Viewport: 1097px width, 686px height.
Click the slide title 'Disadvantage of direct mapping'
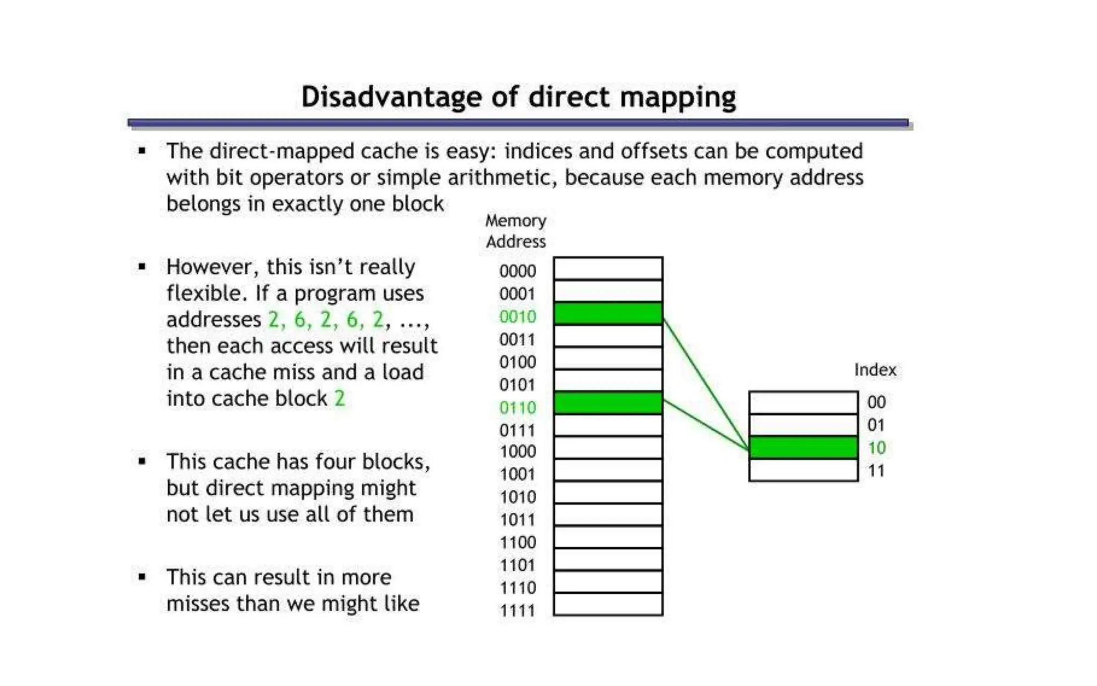[x=518, y=97]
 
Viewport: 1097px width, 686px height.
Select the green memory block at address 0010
[x=608, y=314]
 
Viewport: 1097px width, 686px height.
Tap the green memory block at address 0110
[x=608, y=403]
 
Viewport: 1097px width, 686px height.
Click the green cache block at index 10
[x=803, y=448]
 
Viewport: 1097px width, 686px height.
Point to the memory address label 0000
[x=517, y=271]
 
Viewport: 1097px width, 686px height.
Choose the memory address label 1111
[x=517, y=610]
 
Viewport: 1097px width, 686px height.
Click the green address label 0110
[x=517, y=408]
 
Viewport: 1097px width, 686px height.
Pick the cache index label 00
[x=876, y=402]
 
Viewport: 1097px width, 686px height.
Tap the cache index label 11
[x=876, y=471]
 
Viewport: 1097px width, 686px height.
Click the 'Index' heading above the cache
[x=875, y=370]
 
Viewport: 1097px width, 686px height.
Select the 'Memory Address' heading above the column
[x=515, y=231]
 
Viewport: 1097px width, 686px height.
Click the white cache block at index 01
[x=803, y=425]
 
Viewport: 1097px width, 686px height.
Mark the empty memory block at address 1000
[x=608, y=448]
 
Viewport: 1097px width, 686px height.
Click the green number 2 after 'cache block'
[x=340, y=398]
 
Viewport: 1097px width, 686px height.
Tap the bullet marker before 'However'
[x=142, y=266]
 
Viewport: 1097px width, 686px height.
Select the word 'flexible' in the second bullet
[x=202, y=293]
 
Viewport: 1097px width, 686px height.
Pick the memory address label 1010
[x=517, y=497]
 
